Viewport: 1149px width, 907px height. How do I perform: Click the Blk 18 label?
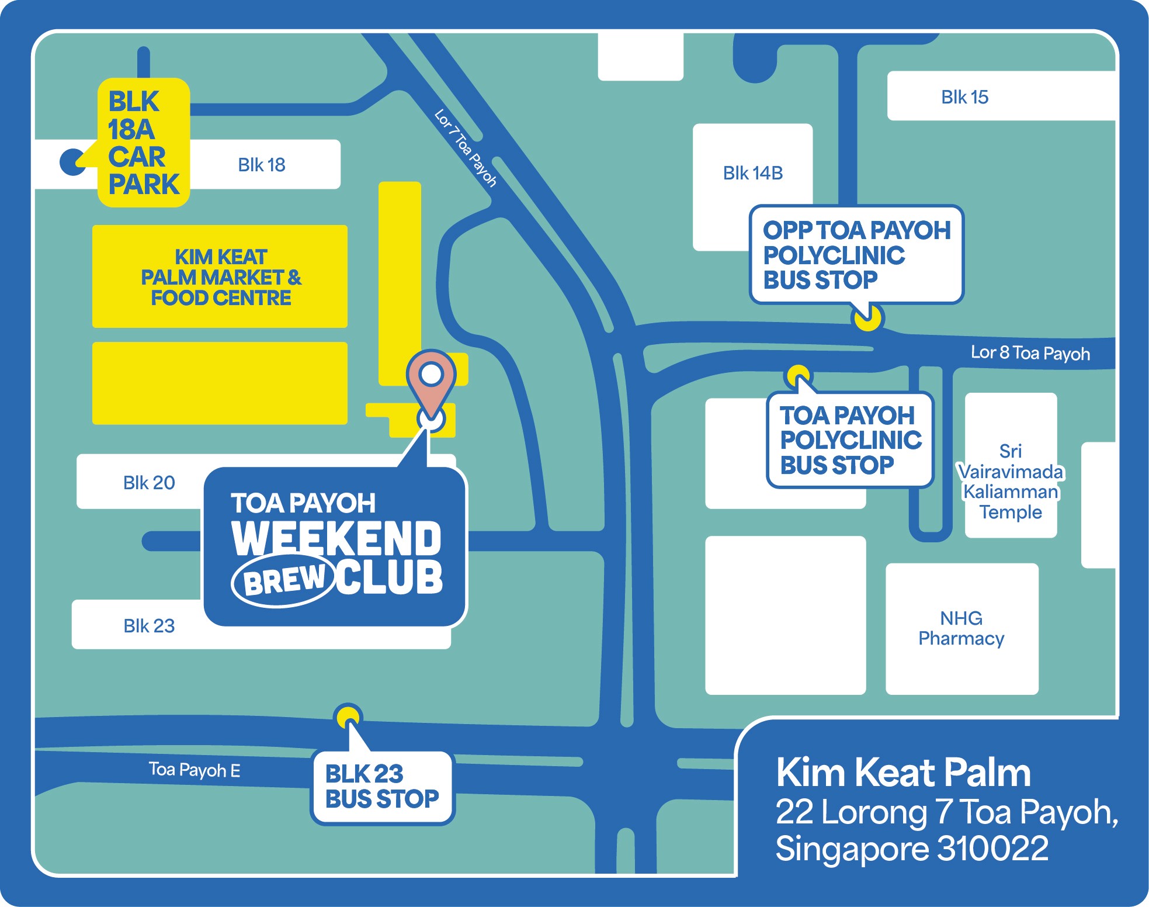pyautogui.click(x=261, y=165)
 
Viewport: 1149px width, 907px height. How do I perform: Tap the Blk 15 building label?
pyautogui.click(x=964, y=97)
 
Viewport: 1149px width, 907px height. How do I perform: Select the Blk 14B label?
pyautogui.click(x=752, y=173)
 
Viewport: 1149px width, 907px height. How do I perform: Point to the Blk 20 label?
pyautogui.click(x=149, y=483)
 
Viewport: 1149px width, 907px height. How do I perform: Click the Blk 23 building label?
pyautogui.click(x=149, y=626)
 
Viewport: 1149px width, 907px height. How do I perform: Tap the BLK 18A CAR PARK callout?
pyautogui.click(x=143, y=143)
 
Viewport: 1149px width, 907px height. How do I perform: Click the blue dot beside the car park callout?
pyautogui.click(x=72, y=162)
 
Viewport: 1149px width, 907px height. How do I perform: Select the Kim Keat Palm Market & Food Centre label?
pyautogui.click(x=221, y=277)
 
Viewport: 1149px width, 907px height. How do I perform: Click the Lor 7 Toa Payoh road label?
pyautogui.click(x=466, y=148)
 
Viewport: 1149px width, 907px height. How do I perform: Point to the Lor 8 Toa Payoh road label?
pyautogui.click(x=1030, y=353)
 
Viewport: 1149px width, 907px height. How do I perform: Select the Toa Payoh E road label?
pyautogui.click(x=194, y=770)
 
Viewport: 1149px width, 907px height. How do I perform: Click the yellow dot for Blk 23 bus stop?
pyautogui.click(x=348, y=716)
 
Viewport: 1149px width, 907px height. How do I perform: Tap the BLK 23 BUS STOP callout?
pyautogui.click(x=382, y=787)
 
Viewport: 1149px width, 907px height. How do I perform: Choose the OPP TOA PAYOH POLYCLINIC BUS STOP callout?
pyautogui.click(x=856, y=255)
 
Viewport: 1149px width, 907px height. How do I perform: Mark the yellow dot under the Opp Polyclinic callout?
pyautogui.click(x=867, y=318)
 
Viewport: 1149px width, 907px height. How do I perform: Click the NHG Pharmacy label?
pyautogui.click(x=961, y=628)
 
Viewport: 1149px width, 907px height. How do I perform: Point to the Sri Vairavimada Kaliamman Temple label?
pyautogui.click(x=1011, y=482)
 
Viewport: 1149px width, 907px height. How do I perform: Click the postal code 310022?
pyautogui.click(x=992, y=848)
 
